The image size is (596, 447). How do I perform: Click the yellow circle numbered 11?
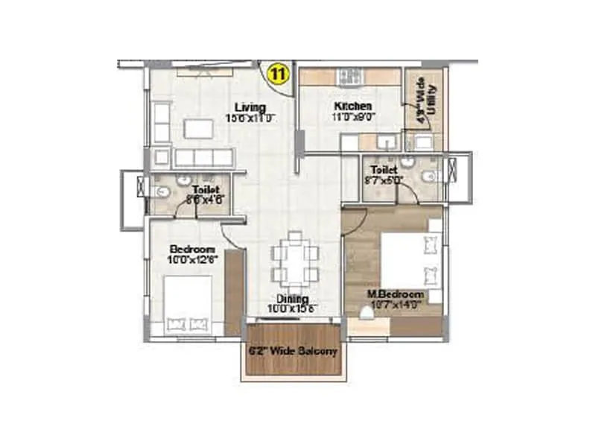click(x=278, y=74)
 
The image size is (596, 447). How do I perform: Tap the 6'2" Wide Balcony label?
click(x=293, y=350)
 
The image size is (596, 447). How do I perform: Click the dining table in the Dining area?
click(x=295, y=262)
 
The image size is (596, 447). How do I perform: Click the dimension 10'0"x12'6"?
click(x=192, y=259)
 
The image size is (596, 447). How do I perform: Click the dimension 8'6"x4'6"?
click(x=202, y=200)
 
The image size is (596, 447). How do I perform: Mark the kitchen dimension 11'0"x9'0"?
click(x=353, y=116)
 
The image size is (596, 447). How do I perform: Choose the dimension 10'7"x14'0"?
click(x=394, y=303)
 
